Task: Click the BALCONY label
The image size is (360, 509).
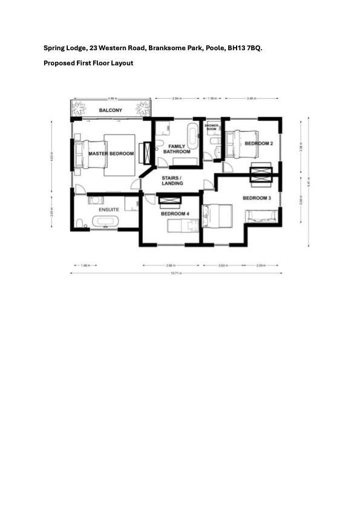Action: click(x=111, y=110)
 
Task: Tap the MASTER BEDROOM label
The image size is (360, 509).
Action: click(x=111, y=154)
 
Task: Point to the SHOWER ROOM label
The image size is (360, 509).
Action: click(x=212, y=128)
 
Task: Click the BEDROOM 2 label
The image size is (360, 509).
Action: click(x=258, y=143)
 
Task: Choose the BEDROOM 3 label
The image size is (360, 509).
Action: click(x=257, y=198)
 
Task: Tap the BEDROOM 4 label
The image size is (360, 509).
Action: click(x=175, y=214)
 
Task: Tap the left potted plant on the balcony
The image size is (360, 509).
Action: click(x=79, y=109)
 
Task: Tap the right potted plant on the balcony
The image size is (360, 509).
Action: click(x=143, y=109)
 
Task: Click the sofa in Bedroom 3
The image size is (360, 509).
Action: click(x=262, y=216)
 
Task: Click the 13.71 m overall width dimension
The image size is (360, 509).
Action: click(x=176, y=274)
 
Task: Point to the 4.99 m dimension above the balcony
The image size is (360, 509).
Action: click(x=111, y=97)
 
